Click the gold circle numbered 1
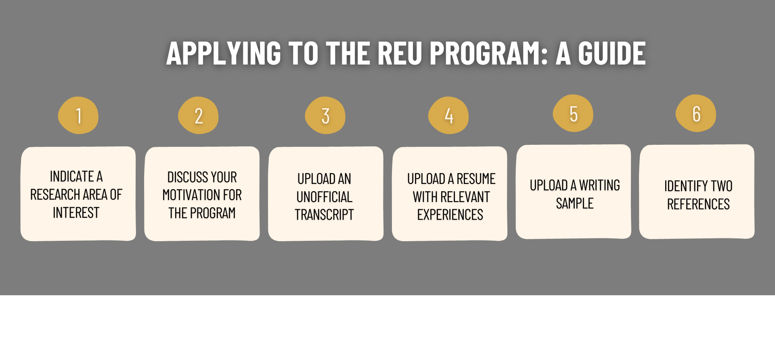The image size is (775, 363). point(78,115)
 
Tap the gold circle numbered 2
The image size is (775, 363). point(198,115)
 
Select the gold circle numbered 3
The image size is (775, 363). point(325,115)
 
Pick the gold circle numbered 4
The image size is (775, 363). point(448,115)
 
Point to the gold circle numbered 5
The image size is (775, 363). point(573,113)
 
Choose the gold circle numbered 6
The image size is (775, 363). point(696,113)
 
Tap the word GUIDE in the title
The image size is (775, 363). point(612,53)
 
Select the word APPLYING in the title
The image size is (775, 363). point(224,53)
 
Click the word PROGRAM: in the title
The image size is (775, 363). point(489,53)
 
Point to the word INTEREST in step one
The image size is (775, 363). point(76,213)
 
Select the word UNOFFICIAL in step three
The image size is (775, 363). point(325,197)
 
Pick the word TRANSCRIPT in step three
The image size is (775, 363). point(324,215)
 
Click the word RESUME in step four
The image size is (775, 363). point(476,179)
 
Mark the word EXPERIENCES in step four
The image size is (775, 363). point(450,215)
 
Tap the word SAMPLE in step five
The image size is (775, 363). point(575,204)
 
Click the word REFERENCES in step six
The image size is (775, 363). point(698,204)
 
